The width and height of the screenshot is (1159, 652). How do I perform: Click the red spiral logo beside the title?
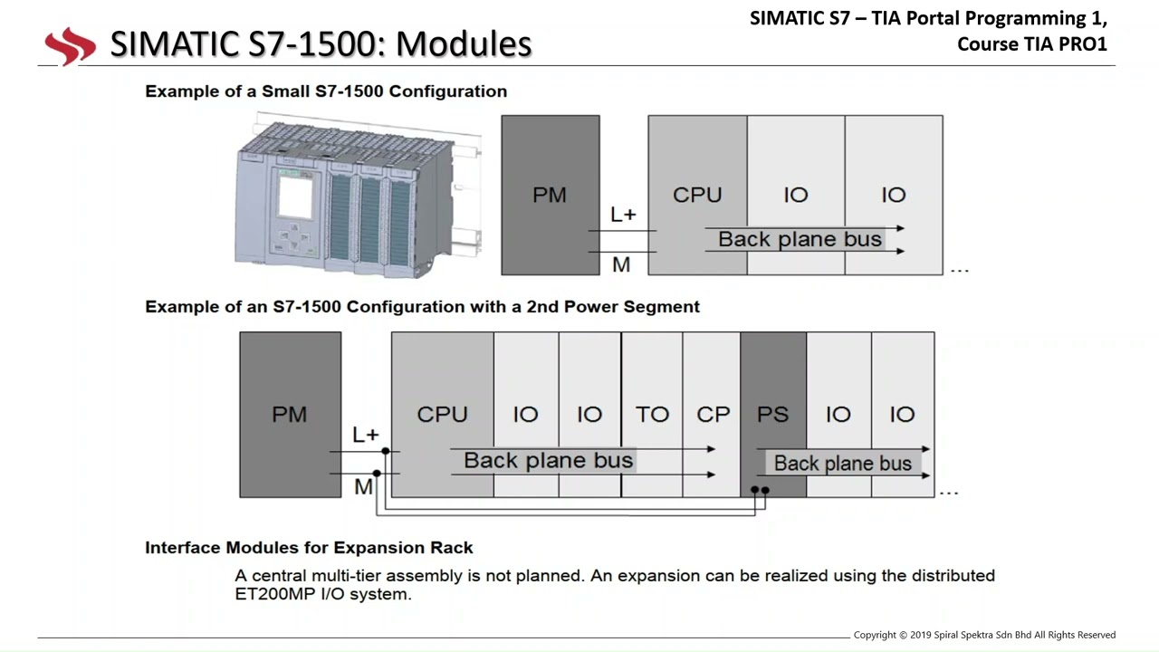tap(71, 46)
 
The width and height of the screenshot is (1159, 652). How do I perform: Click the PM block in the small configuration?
tap(551, 195)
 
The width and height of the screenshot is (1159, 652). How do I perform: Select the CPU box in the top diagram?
tap(697, 195)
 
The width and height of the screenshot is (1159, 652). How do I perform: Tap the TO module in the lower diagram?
tap(652, 415)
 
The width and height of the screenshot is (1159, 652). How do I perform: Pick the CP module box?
tap(712, 415)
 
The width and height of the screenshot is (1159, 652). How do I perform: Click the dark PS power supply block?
tap(773, 415)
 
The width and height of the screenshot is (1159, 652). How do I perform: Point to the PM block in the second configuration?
tap(291, 415)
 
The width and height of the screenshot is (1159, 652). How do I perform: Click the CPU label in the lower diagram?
tap(443, 415)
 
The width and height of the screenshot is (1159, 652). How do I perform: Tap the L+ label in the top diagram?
tap(623, 215)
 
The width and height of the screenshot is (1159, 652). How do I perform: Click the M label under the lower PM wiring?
tap(363, 487)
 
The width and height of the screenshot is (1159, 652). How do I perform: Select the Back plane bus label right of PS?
tap(842, 463)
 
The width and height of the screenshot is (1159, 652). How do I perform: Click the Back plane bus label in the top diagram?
tap(800, 239)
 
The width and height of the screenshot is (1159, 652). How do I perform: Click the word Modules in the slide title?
tap(464, 43)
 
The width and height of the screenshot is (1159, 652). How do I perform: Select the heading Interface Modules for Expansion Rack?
tap(309, 548)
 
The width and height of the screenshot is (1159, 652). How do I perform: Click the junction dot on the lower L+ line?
tap(386, 451)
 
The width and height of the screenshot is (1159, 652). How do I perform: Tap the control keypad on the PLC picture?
tap(294, 237)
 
